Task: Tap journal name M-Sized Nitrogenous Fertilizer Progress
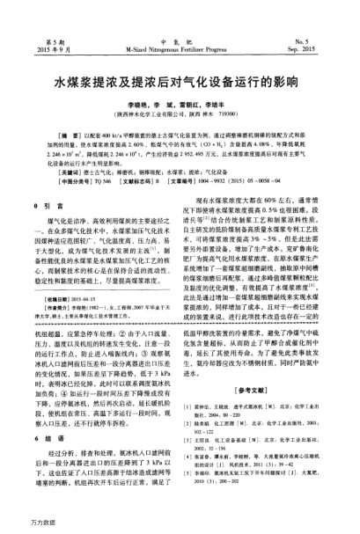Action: coord(180,51)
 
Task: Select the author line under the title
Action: coord(180,104)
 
